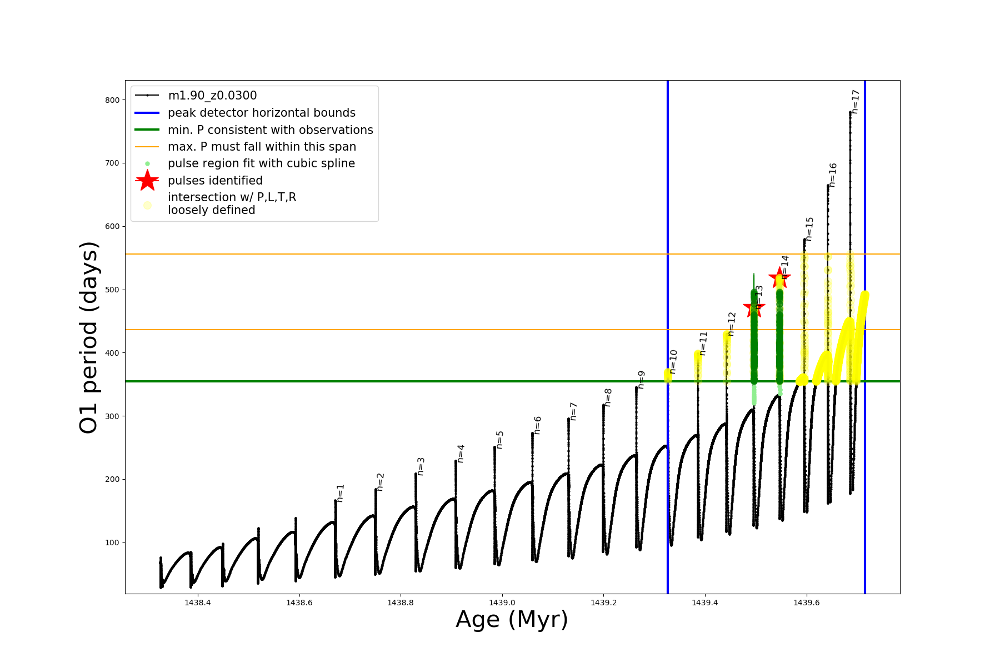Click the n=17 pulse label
(856, 102)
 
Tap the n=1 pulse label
(341, 493)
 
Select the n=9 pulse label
(641, 380)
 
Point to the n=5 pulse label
(499, 440)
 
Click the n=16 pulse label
(832, 175)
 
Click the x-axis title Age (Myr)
(512, 620)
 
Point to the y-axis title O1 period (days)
(89, 337)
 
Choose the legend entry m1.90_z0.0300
(212, 96)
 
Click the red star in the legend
(147, 181)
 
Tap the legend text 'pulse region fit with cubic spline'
(261, 163)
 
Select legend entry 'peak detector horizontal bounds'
(261, 113)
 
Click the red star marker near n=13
(754, 307)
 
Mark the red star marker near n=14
(779, 277)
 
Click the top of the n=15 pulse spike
(804, 240)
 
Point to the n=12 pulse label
(731, 324)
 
